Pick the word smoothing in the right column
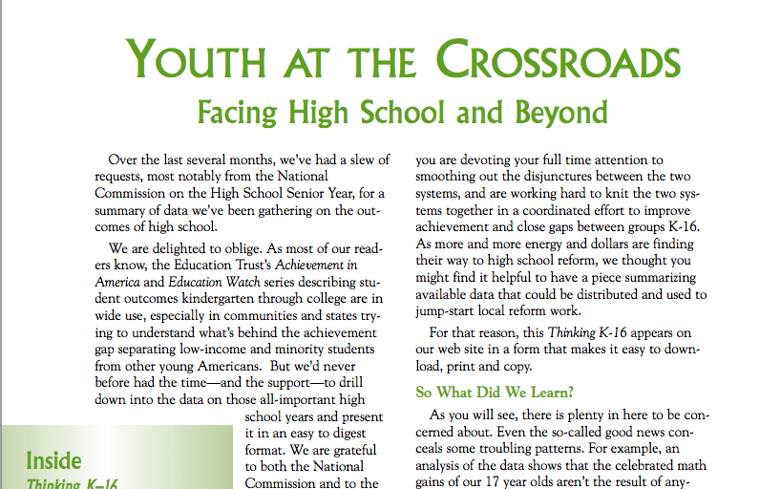(x=449, y=176)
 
